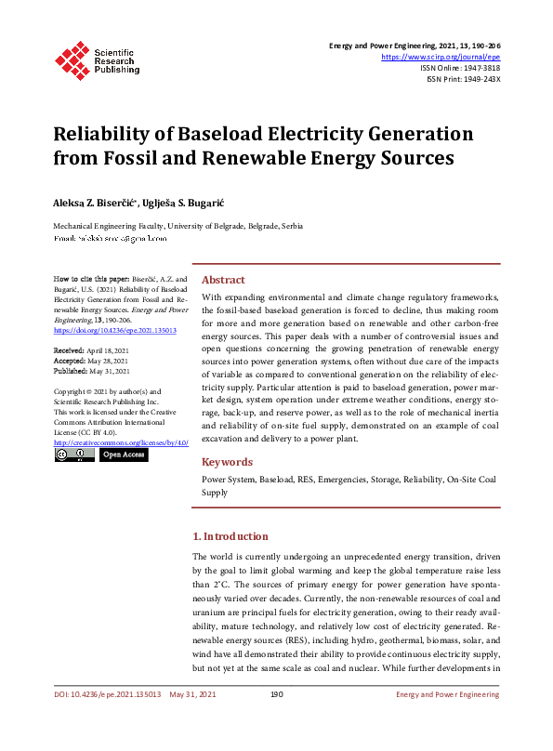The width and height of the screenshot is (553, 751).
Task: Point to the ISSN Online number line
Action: (x=460, y=67)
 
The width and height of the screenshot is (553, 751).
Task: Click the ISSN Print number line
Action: (x=464, y=79)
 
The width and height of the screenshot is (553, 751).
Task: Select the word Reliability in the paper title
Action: (x=104, y=134)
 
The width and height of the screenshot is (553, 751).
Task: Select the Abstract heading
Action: (x=223, y=280)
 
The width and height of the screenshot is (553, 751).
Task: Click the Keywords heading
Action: (x=227, y=462)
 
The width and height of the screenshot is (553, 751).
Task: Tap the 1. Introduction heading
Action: (x=230, y=536)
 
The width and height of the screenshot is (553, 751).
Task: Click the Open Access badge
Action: (x=124, y=455)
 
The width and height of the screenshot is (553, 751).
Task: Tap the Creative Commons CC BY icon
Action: (x=73, y=455)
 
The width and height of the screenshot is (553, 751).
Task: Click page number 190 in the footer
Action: (x=276, y=720)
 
